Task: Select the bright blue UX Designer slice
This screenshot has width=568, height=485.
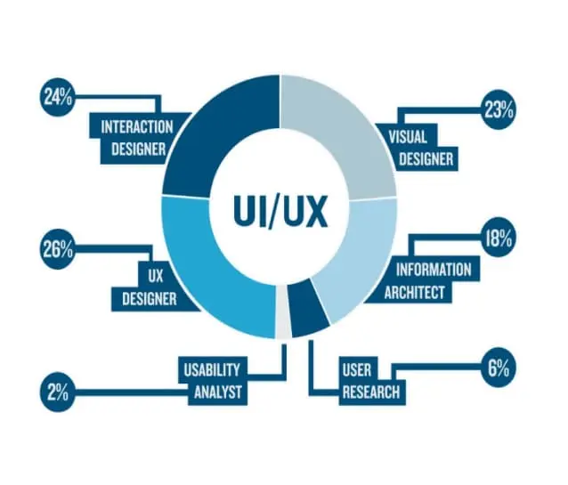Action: click(x=214, y=267)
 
